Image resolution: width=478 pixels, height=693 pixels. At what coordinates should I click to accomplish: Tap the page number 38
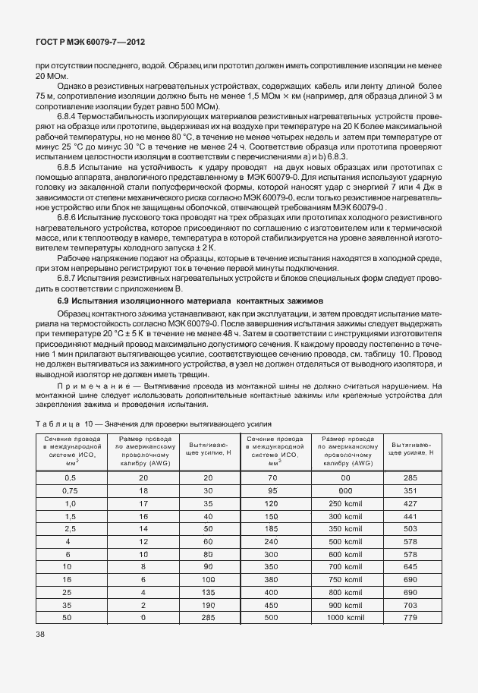tap(40, 635)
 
